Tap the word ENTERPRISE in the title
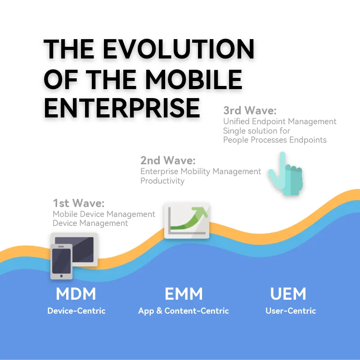(122, 107)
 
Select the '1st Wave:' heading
(79, 203)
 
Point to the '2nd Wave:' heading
(168, 160)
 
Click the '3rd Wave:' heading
(250, 111)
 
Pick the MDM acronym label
(76, 294)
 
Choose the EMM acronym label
(184, 294)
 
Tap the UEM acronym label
(288, 294)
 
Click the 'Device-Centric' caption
(76, 310)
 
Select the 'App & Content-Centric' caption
(184, 310)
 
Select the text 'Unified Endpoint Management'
(280, 121)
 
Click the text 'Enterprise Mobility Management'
(201, 171)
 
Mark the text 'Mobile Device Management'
(104, 214)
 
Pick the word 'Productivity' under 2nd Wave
(162, 181)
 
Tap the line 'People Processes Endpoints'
(275, 140)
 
